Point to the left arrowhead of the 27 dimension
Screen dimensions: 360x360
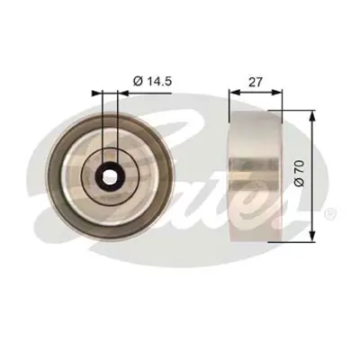[232, 91]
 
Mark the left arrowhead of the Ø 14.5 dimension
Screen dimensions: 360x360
[98, 91]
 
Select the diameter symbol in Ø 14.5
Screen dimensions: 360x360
[138, 82]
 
